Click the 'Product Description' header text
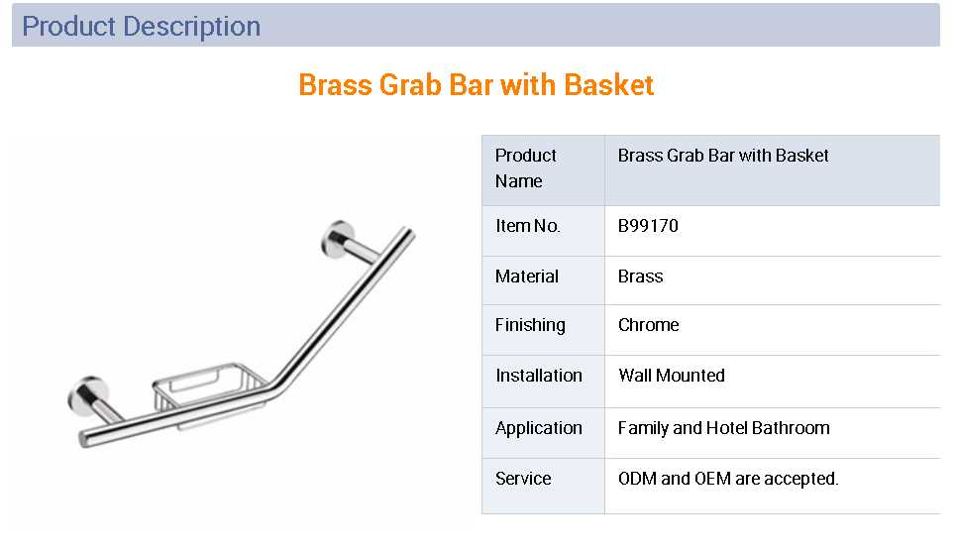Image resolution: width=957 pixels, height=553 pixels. point(141,27)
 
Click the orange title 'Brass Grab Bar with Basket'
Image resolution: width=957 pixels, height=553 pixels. point(477,85)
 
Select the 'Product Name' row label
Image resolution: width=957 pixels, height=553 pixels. point(525,167)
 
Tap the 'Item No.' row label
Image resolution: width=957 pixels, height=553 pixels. point(527,226)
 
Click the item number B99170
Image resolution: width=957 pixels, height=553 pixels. point(648,226)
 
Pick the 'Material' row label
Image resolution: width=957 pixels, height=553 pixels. point(527,276)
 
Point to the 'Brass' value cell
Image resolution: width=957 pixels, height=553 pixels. point(640,276)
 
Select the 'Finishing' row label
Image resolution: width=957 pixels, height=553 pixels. point(530,325)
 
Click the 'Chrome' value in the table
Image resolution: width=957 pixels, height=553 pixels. point(648,325)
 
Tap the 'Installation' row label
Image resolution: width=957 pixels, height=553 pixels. point(539,376)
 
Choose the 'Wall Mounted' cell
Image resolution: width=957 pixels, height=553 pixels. point(672,376)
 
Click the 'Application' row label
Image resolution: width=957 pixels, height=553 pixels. point(539,428)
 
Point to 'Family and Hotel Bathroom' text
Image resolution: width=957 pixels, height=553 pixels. point(724,428)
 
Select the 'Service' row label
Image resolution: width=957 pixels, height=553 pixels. point(523,479)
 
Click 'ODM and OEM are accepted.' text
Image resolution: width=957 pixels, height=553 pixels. point(728,479)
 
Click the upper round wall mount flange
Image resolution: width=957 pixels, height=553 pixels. point(338,239)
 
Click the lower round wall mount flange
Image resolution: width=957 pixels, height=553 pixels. point(87,395)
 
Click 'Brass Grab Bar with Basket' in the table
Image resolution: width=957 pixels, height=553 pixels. point(723,156)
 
